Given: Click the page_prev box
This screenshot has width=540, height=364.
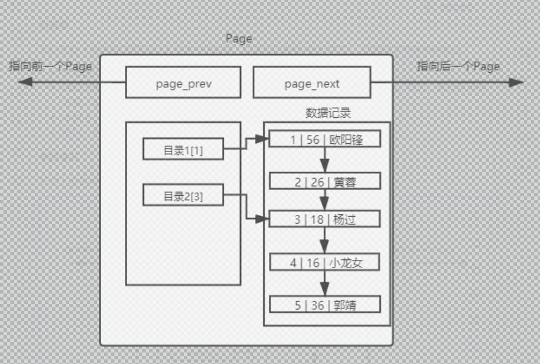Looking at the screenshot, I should [x=183, y=83].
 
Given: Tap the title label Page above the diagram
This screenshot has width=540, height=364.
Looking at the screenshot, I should [x=239, y=39].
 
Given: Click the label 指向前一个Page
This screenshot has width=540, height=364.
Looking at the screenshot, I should [x=51, y=66].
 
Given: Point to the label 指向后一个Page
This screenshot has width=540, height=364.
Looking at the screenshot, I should [x=458, y=66].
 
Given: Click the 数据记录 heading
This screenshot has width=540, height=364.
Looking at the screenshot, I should [x=328, y=113].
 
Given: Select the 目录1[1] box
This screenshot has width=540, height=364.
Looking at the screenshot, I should [x=183, y=150].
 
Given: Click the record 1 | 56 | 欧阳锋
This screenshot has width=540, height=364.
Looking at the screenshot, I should [x=326, y=139].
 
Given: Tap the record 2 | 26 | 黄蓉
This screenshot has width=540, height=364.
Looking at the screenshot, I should [x=326, y=182].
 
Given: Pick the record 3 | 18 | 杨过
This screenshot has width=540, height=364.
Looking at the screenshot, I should [x=326, y=219].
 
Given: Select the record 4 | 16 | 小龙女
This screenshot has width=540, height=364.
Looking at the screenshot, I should [x=326, y=263].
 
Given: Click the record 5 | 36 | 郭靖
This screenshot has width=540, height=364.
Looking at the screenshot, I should [x=326, y=304].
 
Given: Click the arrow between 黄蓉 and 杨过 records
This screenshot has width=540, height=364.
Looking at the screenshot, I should [x=325, y=200].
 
